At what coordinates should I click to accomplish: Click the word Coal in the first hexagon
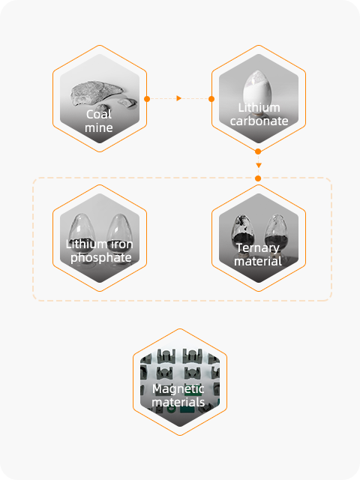click(99, 115)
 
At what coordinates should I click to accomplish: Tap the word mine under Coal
click(99, 127)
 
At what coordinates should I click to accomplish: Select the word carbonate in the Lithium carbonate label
click(259, 121)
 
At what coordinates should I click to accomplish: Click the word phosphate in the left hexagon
click(101, 258)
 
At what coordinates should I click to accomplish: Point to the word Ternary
click(258, 248)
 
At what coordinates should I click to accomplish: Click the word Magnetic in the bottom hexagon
click(178, 389)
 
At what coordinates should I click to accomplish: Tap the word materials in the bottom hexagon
click(178, 402)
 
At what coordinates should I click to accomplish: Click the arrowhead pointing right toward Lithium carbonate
click(179, 98)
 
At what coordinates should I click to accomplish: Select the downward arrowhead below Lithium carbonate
click(259, 165)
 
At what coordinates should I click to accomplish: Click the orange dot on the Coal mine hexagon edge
click(147, 99)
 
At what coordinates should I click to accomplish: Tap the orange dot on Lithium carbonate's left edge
click(211, 99)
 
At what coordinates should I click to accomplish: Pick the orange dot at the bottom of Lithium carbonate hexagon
click(258, 151)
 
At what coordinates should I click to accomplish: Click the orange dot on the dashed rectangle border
click(258, 178)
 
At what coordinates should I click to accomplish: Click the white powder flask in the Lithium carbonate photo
click(256, 88)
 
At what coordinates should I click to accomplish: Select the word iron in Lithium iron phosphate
click(121, 244)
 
